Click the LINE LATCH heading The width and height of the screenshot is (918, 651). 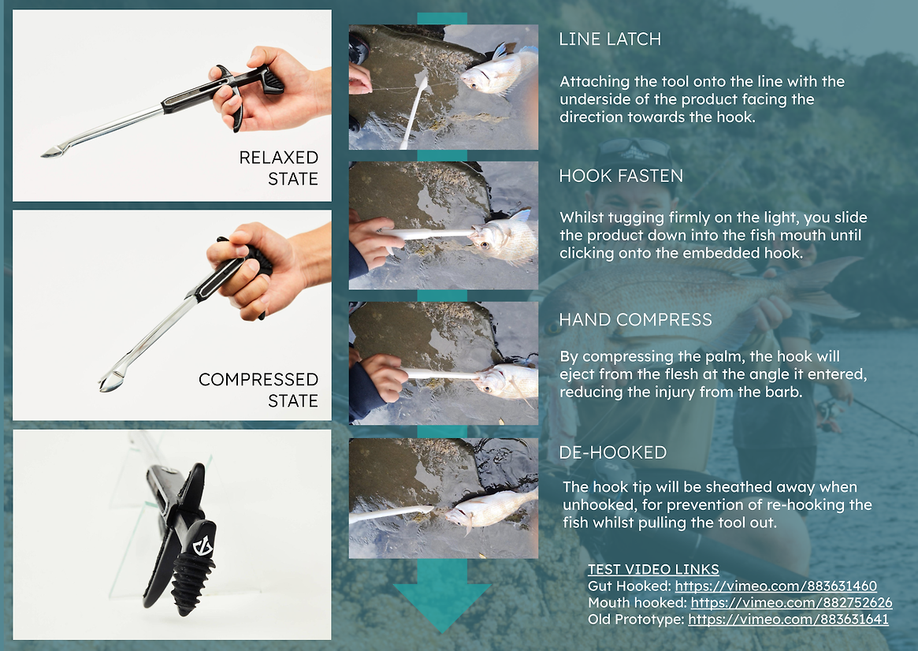point(610,39)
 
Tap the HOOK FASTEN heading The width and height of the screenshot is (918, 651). point(621,176)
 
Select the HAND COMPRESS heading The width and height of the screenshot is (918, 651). point(635,320)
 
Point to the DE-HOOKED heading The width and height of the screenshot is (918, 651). point(613,452)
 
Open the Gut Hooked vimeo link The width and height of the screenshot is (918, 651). point(775,586)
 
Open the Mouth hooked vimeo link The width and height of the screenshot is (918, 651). point(792,602)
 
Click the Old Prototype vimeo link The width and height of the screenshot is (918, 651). point(788,619)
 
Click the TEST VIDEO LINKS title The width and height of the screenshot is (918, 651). point(653,569)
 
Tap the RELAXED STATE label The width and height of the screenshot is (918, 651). point(279,168)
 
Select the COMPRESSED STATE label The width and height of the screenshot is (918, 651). point(258,390)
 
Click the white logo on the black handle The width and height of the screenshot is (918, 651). point(204,545)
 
